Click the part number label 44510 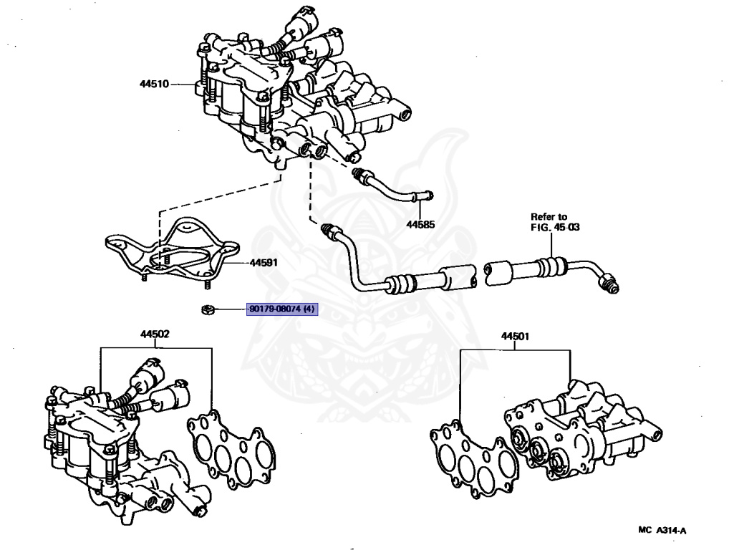154,84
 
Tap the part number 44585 421,224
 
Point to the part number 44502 155,334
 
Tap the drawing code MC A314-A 662,531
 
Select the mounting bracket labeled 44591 172,251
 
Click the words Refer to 549,216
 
